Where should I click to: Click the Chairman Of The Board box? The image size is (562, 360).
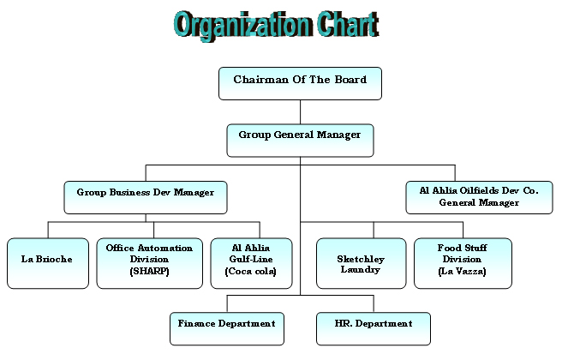click(300, 83)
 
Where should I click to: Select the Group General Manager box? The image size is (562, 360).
click(300, 141)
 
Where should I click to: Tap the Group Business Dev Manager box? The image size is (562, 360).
click(146, 197)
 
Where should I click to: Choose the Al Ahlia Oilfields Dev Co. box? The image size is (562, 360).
click(479, 197)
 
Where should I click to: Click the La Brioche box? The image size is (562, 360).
click(48, 263)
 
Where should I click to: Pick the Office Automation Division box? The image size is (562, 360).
click(149, 263)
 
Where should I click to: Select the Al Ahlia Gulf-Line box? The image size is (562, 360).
click(251, 263)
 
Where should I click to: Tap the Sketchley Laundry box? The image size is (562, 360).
click(362, 263)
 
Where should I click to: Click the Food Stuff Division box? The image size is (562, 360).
click(463, 263)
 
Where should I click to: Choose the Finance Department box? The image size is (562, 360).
click(227, 328)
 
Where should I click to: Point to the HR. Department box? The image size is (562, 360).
click(374, 328)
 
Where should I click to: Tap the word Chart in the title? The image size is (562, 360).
click(348, 24)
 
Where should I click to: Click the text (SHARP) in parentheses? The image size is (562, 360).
click(149, 271)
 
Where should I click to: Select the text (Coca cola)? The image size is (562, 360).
click(251, 272)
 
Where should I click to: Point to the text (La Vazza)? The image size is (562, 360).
click(462, 271)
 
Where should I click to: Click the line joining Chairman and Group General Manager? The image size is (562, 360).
click(300, 112)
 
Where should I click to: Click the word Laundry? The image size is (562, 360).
click(360, 270)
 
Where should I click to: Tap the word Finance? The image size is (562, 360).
click(196, 323)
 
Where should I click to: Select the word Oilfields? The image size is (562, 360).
click(479, 190)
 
